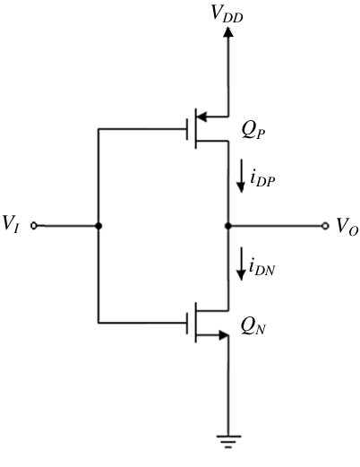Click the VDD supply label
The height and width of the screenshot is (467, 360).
(x=227, y=13)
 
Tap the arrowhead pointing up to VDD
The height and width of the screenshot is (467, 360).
(x=228, y=31)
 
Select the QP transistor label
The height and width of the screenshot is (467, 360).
(x=253, y=131)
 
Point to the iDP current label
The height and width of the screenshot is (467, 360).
(x=262, y=178)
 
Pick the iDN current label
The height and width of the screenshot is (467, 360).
(x=261, y=267)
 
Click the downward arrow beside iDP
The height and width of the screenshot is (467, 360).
(x=241, y=176)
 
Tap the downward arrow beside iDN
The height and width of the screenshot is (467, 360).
(x=241, y=264)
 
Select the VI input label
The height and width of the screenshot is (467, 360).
(x=11, y=223)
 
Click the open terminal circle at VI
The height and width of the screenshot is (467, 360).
(x=34, y=226)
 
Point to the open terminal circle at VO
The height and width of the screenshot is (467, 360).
(x=325, y=226)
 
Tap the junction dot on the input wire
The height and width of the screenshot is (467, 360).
(x=99, y=226)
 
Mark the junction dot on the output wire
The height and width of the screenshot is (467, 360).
(x=228, y=226)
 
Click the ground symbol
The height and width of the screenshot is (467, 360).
(x=228, y=442)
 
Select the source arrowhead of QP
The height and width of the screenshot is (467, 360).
(x=202, y=117)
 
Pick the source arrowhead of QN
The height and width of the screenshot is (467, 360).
(x=224, y=335)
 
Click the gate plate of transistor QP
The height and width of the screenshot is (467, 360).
(x=187, y=129)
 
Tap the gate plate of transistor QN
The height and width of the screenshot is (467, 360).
(x=187, y=323)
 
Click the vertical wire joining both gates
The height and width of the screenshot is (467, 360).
(x=99, y=226)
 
